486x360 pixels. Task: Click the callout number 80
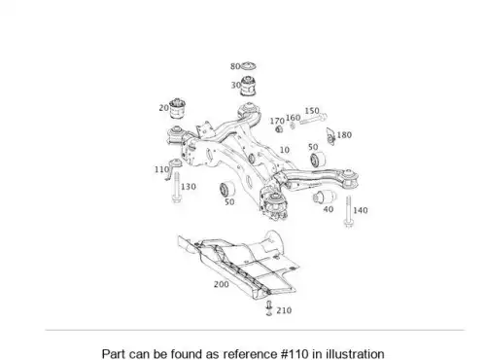tap(235, 66)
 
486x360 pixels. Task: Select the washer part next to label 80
tap(249, 65)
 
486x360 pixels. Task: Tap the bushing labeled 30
tap(249, 86)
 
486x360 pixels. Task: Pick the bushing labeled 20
tap(177, 108)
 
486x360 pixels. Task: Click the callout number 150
tap(312, 111)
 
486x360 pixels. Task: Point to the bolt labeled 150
tap(313, 119)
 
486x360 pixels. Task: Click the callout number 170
tap(277, 121)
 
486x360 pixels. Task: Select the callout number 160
tap(293, 118)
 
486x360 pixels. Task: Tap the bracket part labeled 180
tap(330, 136)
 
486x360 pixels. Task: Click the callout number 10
tap(284, 150)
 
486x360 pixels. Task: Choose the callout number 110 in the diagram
tap(161, 169)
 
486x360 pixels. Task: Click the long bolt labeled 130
tap(177, 188)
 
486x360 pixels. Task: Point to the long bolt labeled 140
tap(348, 211)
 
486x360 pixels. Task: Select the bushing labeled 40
tap(324, 197)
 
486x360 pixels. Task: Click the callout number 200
tap(222, 284)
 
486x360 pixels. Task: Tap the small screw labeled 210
tap(269, 308)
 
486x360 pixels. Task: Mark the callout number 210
tap(284, 310)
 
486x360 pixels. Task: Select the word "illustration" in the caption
tap(355, 354)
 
